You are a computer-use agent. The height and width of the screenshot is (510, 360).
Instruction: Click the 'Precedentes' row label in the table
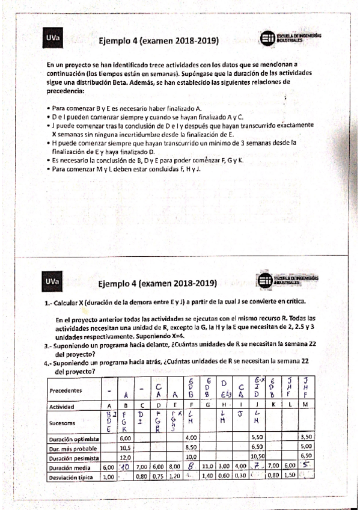pyautogui.click(x=63, y=390)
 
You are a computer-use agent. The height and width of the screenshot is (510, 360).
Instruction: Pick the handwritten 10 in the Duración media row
pyautogui.click(x=125, y=466)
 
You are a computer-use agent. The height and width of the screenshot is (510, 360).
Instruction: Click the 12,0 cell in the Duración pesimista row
pyautogui.click(x=126, y=456)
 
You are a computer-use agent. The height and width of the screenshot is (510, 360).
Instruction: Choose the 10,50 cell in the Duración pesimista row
pyautogui.click(x=257, y=456)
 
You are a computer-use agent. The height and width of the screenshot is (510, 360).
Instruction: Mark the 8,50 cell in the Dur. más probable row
pyautogui.click(x=191, y=447)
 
